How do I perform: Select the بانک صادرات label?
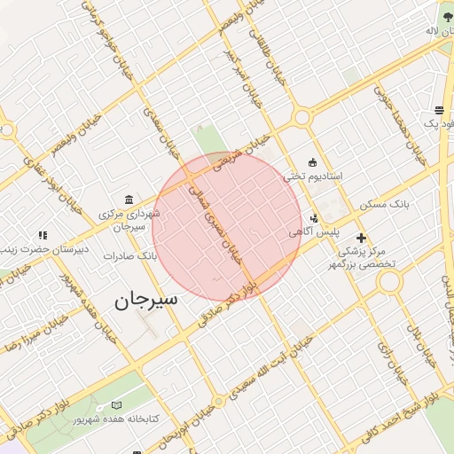129,256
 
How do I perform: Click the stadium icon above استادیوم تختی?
312,161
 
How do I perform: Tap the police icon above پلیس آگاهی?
313,218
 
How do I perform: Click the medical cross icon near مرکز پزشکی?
361,238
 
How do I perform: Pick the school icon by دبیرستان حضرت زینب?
43,235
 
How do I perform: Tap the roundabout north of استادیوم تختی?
302,117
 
